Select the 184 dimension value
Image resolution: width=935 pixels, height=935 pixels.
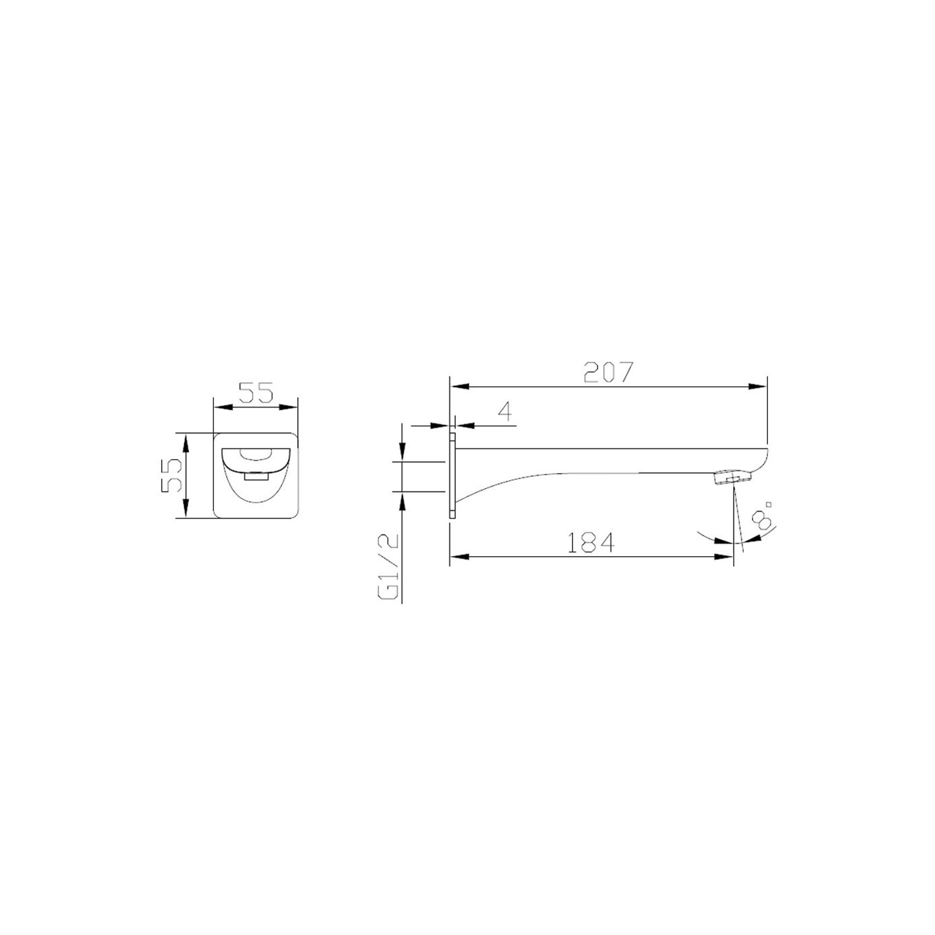pos(591,542)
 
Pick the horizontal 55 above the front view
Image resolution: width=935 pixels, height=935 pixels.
pos(256,392)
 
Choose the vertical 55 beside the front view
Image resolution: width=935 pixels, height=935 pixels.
pos(171,475)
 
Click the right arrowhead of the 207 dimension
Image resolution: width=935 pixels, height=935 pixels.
pos(758,386)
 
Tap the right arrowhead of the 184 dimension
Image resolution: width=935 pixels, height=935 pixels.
pos(724,556)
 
